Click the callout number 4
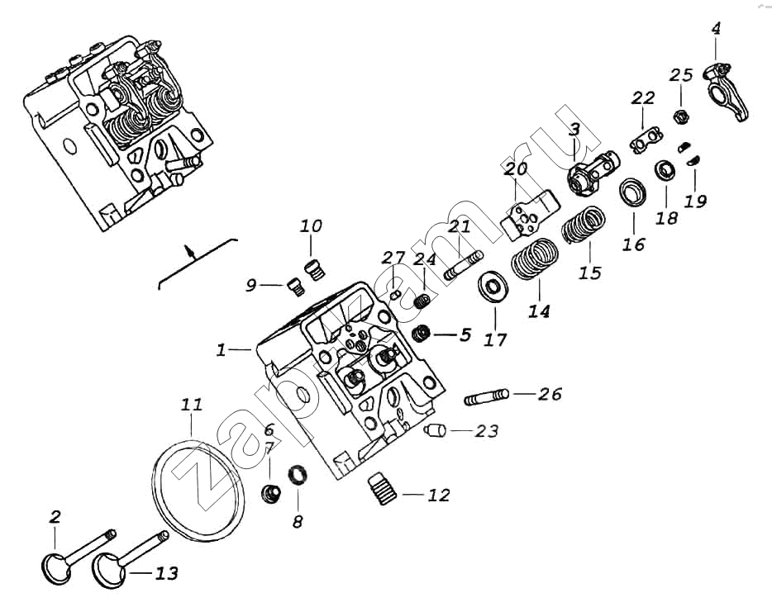(716, 29)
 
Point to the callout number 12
(439, 496)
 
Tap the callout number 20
(516, 170)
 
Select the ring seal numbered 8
(298, 476)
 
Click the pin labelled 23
(436, 429)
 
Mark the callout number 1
(221, 350)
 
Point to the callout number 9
(251, 286)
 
